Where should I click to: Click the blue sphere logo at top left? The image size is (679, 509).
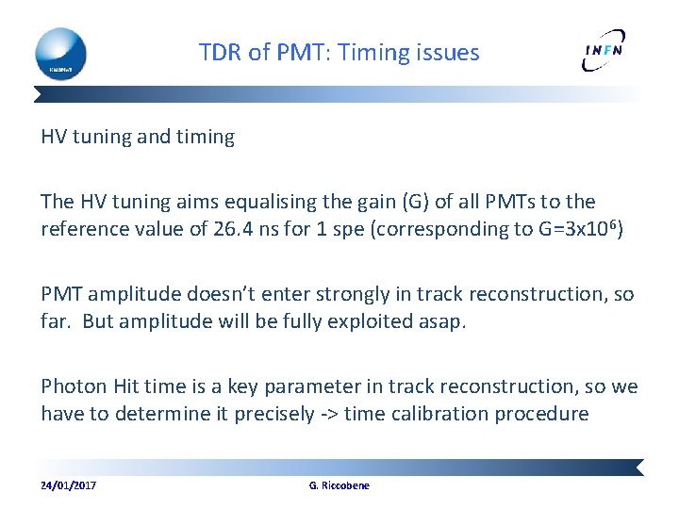pos(60,53)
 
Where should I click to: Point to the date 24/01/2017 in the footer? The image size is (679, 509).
pos(68,485)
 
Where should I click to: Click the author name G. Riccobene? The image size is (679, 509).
pos(339,485)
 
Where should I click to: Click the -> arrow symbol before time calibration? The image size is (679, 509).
pos(327,413)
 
